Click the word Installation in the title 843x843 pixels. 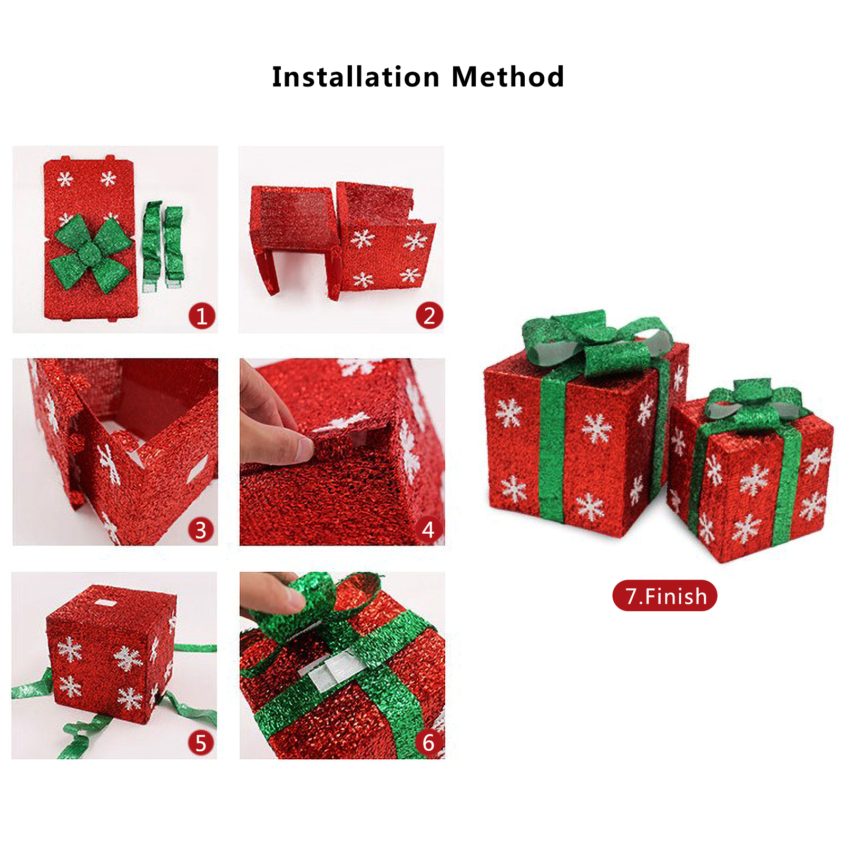tap(356, 77)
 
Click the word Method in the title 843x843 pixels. tap(508, 77)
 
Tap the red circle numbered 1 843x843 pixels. tap(202, 316)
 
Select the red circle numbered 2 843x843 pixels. tap(429, 316)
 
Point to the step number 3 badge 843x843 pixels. tap(201, 530)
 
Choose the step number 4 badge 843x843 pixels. tap(428, 530)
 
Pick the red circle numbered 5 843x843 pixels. tap(201, 743)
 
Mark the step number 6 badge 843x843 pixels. tap(428, 743)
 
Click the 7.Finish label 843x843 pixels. tap(664, 596)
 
